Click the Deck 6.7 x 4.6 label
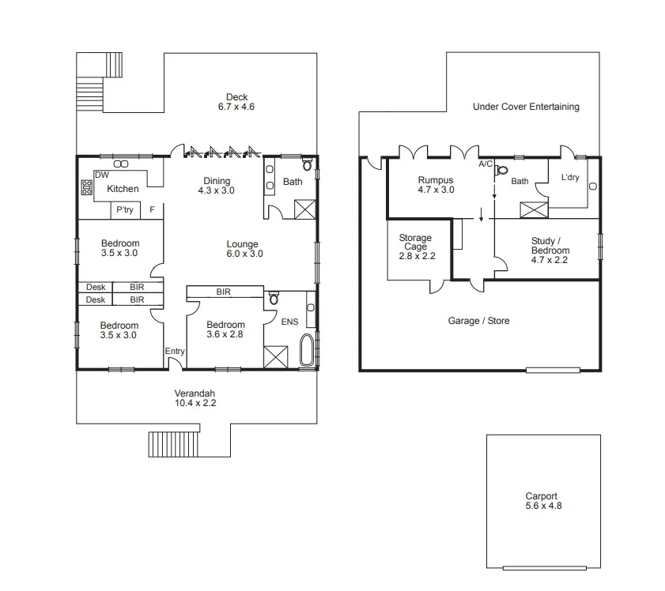[x=236, y=102]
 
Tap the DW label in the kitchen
[x=101, y=175]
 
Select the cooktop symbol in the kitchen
[x=86, y=187]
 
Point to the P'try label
[x=124, y=210]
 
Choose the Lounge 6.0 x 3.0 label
[x=242, y=249]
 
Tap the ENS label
[x=290, y=322]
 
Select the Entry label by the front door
[x=175, y=352]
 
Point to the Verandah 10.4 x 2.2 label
[x=195, y=397]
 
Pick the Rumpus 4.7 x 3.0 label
[x=436, y=185]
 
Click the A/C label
[x=486, y=164]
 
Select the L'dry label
[x=569, y=178]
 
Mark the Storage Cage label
[x=415, y=242]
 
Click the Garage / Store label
[x=478, y=321]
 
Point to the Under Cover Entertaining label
[x=526, y=107]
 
